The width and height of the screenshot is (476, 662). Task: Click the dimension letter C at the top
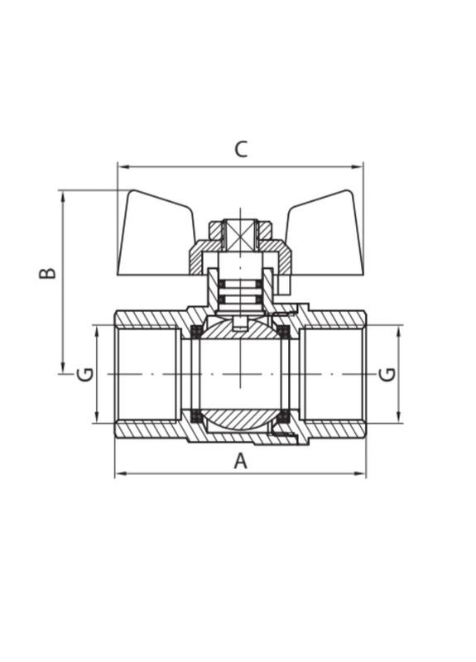coord(240,149)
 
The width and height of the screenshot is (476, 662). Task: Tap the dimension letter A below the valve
coord(240,461)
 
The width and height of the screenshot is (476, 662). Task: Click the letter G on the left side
coord(84,374)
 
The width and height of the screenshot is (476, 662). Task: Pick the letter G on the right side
coord(387,374)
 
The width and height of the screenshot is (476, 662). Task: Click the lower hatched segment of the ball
coord(240,418)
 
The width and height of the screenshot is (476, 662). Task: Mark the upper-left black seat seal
coord(197,331)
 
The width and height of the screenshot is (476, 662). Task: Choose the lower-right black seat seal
coord(283,415)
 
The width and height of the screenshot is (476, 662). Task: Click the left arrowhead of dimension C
coord(121,166)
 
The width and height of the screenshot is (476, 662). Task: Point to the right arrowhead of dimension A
coord(362,474)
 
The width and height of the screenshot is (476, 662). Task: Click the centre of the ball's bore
coord(240,374)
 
